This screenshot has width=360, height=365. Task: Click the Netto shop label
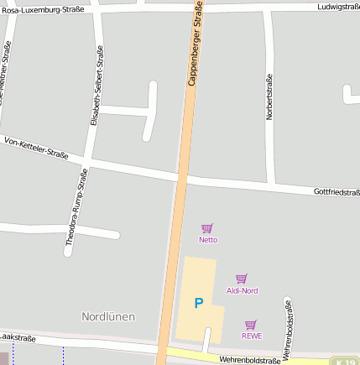pyautogui.click(x=208, y=240)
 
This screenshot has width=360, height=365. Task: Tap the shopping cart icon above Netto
pyautogui.click(x=207, y=228)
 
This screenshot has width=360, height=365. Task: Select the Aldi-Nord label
pyautogui.click(x=243, y=290)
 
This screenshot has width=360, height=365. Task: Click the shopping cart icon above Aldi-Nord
pyautogui.click(x=242, y=279)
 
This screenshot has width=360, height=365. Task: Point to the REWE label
pyautogui.click(x=252, y=336)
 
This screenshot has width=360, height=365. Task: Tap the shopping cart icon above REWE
pyautogui.click(x=250, y=325)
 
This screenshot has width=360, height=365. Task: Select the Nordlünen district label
pyautogui.click(x=108, y=316)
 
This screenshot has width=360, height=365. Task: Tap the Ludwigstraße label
pyautogui.click(x=338, y=7)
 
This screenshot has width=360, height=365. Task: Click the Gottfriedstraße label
pyautogui.click(x=337, y=192)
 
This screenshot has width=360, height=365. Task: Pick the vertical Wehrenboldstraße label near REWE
pyautogui.click(x=287, y=330)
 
